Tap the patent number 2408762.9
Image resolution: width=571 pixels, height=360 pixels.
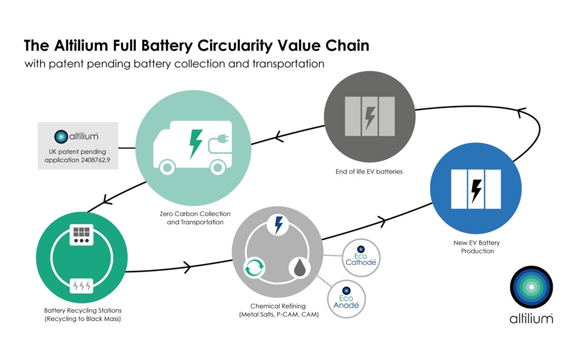pyautogui.click(x=94, y=162)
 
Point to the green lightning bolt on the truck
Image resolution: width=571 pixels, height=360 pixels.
pyautogui.click(x=195, y=143)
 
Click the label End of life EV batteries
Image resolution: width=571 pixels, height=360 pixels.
pyautogui.click(x=369, y=171)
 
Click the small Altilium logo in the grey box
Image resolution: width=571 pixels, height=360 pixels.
pyautogui.click(x=61, y=136)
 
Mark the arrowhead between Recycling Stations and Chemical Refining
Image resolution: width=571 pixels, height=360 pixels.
pyautogui.click(x=187, y=266)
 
